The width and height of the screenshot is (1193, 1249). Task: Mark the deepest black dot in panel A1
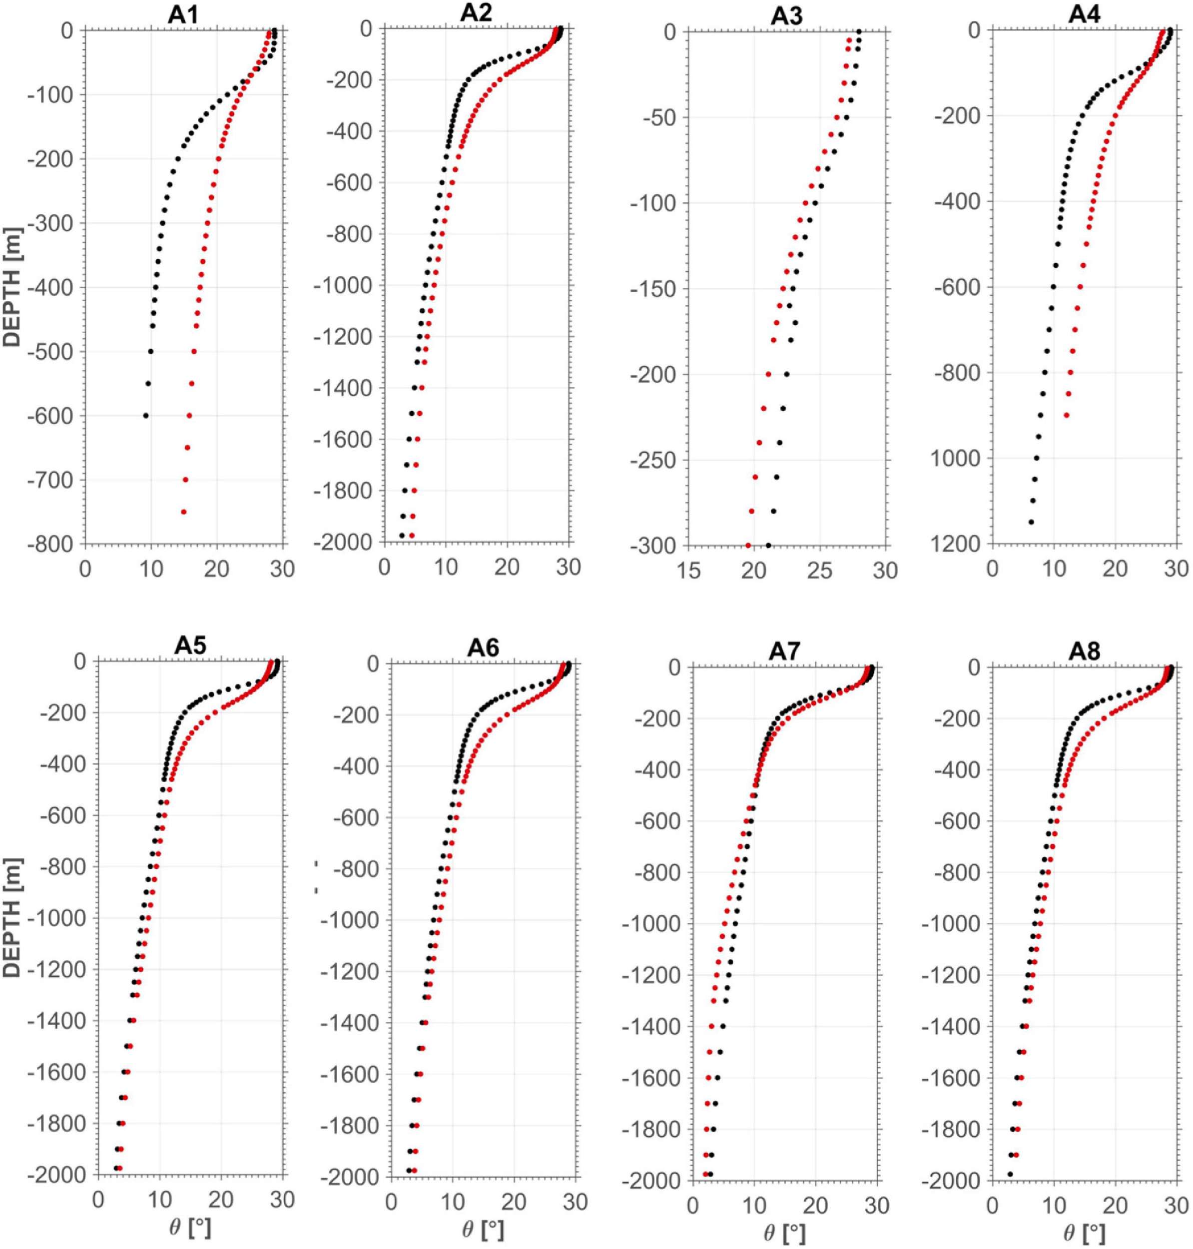coord(145,415)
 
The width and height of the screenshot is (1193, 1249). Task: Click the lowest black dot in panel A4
coord(1031,522)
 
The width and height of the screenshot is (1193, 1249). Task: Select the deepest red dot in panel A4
coord(1067,415)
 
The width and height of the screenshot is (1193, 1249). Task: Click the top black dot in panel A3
coord(858,32)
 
